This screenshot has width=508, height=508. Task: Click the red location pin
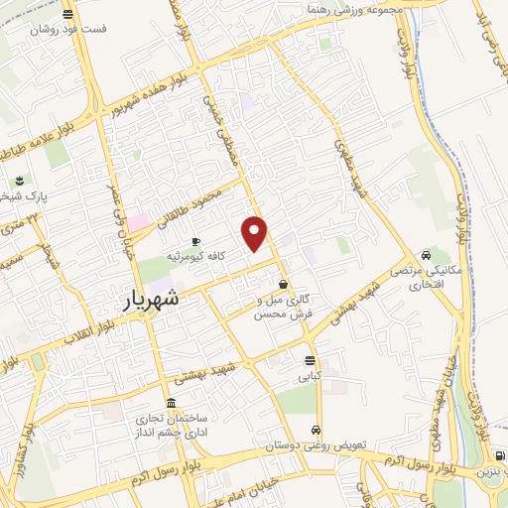[255, 232]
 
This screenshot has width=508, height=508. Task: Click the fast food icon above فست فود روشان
[67, 15]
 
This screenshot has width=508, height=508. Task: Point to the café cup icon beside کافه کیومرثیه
[195, 241]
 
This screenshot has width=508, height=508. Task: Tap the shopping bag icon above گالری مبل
[284, 284]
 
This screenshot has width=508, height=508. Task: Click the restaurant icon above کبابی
[311, 360]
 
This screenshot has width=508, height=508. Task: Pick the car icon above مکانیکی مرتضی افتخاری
[426, 252]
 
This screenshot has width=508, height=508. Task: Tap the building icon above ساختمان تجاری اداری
[172, 404]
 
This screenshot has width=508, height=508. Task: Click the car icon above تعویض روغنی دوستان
[315, 430]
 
